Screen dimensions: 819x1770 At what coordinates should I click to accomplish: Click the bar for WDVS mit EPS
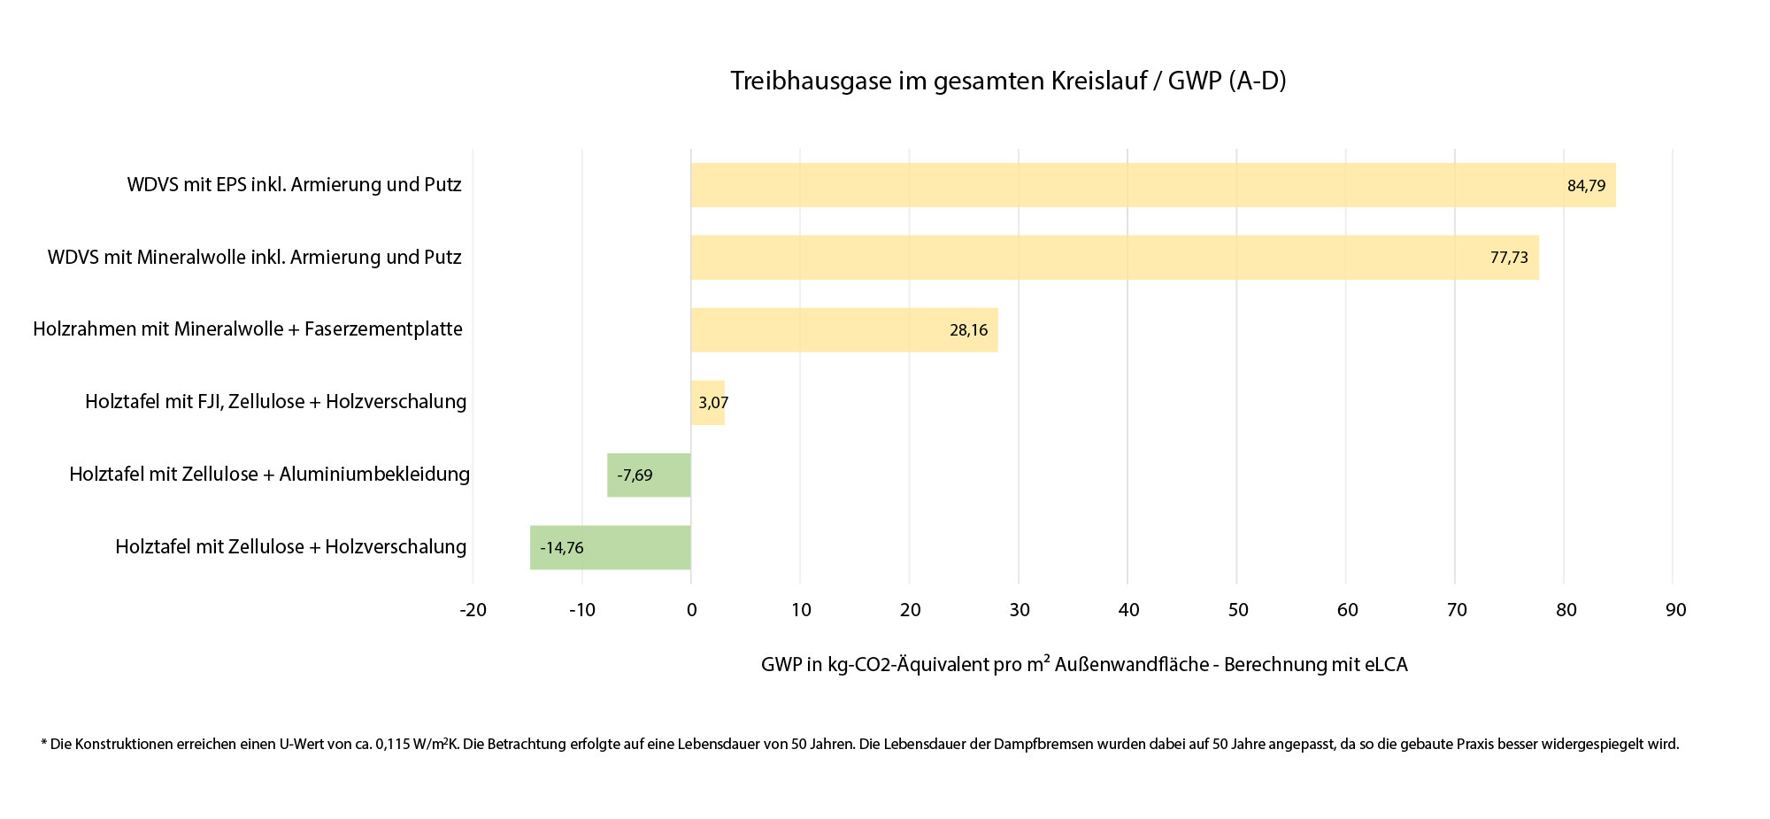(1150, 185)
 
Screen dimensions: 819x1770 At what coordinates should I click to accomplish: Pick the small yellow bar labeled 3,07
(708, 403)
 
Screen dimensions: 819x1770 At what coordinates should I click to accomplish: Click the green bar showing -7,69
(649, 475)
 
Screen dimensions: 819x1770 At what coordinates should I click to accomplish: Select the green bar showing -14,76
(611, 548)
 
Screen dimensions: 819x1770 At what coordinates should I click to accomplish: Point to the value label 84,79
(1586, 186)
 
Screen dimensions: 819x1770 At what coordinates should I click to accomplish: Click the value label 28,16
(968, 330)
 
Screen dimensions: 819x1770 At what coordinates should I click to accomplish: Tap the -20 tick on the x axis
(473, 610)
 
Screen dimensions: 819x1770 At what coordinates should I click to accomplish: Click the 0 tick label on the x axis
(691, 610)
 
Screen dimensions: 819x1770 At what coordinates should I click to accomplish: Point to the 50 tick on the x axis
(1237, 610)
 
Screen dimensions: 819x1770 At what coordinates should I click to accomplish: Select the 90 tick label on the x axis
(1674, 610)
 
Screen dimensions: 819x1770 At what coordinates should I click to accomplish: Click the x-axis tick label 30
(1019, 610)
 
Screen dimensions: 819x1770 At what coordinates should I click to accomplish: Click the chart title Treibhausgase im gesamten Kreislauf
(1008, 81)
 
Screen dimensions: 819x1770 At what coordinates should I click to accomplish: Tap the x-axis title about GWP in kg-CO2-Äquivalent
(1083, 664)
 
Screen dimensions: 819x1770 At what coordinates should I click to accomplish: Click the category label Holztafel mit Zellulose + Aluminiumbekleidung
(269, 475)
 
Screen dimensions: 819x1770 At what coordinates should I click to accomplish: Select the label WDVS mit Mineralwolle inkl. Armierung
(254, 258)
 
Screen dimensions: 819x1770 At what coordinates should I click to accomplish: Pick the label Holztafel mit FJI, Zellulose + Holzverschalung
(275, 402)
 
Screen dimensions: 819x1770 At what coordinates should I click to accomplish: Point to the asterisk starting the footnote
(43, 742)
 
